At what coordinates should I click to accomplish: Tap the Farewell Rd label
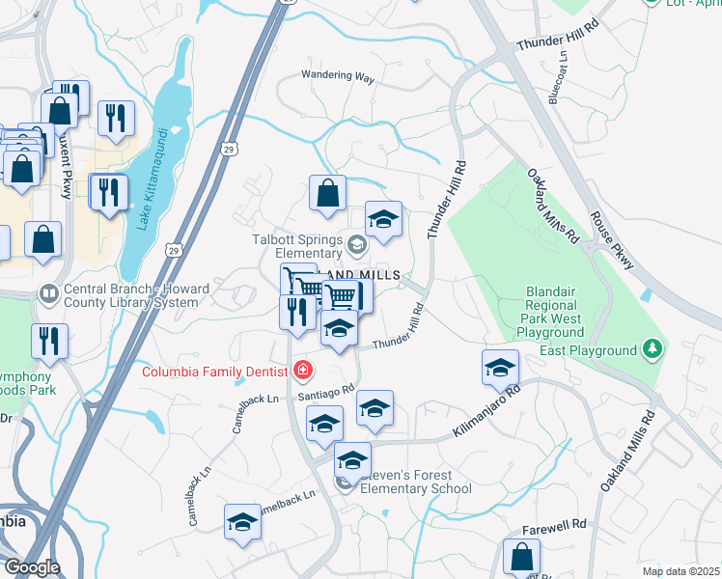(x=554, y=524)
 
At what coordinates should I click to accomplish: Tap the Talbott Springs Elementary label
(x=297, y=247)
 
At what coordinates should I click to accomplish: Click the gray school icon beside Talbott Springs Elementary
(x=357, y=245)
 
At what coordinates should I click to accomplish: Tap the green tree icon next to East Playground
(x=654, y=348)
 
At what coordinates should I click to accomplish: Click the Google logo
(x=32, y=567)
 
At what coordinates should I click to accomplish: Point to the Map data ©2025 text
(x=680, y=571)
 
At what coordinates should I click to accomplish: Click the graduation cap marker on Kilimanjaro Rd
(x=500, y=368)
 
